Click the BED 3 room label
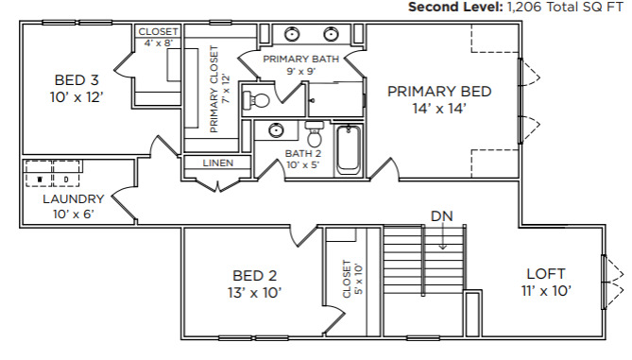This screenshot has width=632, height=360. click(x=69, y=80)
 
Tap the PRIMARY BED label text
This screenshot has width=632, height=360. click(x=439, y=92)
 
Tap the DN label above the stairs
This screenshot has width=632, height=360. click(x=441, y=215)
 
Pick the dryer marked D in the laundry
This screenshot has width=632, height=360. click(x=66, y=178)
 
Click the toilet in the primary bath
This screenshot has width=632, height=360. click(x=259, y=98)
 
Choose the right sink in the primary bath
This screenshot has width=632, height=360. click(x=332, y=35)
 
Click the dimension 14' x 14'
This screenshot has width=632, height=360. click(x=439, y=108)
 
